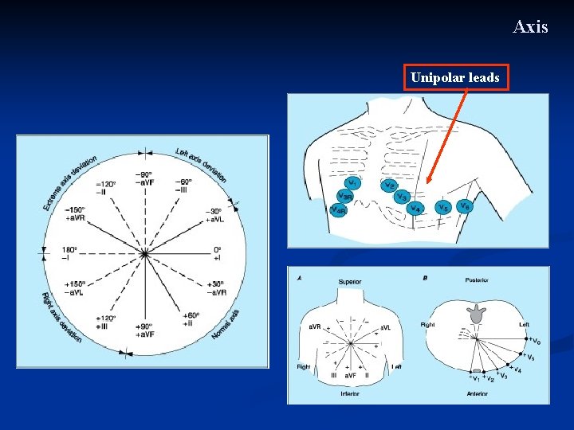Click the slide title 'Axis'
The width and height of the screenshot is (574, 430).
point(530,27)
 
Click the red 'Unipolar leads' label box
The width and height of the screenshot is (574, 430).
point(455,78)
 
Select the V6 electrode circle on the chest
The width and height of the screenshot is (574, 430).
point(465,205)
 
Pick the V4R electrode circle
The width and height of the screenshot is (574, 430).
point(339,210)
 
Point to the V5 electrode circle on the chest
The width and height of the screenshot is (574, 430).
point(442,207)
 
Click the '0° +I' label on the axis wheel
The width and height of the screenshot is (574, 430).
point(218,253)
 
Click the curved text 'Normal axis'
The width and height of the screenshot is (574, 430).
point(226,326)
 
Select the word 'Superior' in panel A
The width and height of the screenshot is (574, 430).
point(350,280)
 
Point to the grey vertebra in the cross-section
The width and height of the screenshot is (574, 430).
point(478,312)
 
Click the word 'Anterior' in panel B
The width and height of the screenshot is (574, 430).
point(478,393)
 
